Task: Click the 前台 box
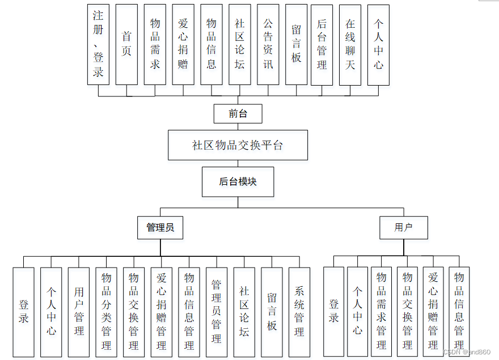point(238,113)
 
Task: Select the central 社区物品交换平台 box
point(238,145)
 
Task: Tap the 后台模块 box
point(238,182)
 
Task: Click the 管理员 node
point(160,227)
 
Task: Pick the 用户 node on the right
point(403,227)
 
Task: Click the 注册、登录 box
point(98,44)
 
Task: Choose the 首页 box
point(126,44)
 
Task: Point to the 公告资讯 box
point(268,44)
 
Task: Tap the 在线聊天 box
point(350,44)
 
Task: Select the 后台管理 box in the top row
point(322,44)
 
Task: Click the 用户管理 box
point(79,312)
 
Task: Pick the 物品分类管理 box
point(106,312)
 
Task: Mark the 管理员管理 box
point(216,312)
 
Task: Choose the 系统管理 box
point(299,312)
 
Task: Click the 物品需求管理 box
point(382,312)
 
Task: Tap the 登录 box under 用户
point(333,312)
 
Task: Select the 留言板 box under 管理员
point(272,312)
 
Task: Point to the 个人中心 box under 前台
point(378,44)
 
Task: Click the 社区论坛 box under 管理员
point(244,312)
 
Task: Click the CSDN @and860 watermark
point(467,352)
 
